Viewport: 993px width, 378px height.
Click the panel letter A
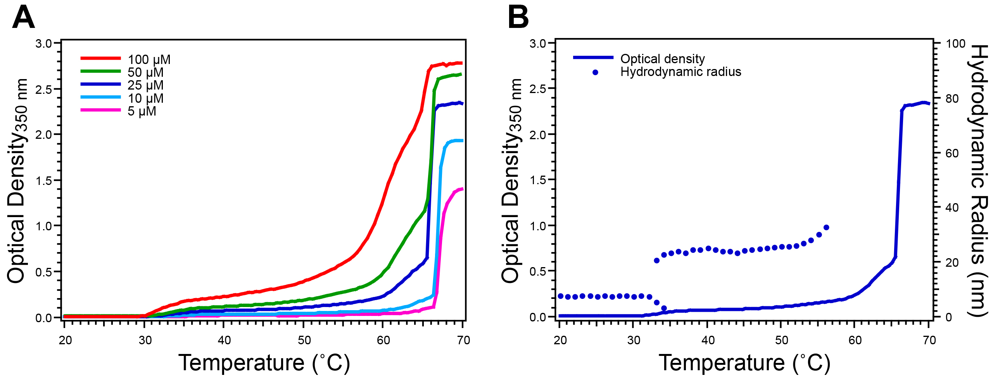pyautogui.click(x=23, y=18)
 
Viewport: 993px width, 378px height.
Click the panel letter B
pyautogui.click(x=518, y=18)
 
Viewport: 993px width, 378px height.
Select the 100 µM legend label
pyautogui.click(x=149, y=59)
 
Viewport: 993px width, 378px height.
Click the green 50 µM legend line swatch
pyautogui.click(x=100, y=71)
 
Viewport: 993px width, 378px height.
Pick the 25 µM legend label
pyautogui.click(x=145, y=85)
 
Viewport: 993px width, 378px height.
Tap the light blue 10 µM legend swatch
pyautogui.click(x=100, y=97)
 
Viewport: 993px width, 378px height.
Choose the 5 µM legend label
pyautogui.click(x=142, y=111)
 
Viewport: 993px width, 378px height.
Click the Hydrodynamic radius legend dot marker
pyautogui.click(x=595, y=72)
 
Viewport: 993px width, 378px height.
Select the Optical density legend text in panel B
pyautogui.click(x=662, y=59)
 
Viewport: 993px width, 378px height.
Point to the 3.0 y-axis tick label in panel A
pyautogui.click(x=43, y=43)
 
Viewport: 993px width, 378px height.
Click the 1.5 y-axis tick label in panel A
pyautogui.click(x=43, y=181)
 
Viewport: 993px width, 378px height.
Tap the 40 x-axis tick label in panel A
pyautogui.click(x=224, y=340)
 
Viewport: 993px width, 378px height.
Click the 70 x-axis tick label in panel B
pyautogui.click(x=929, y=340)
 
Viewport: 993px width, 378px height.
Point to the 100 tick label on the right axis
pyautogui.click(x=955, y=43)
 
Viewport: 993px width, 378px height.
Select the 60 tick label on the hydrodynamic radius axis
pyautogui.click(x=952, y=154)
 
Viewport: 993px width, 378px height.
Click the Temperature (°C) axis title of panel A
pyautogui.click(x=264, y=363)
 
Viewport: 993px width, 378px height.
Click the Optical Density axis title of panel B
pyautogui.click(x=511, y=180)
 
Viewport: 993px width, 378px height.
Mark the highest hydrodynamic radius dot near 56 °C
pyautogui.click(x=826, y=228)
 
